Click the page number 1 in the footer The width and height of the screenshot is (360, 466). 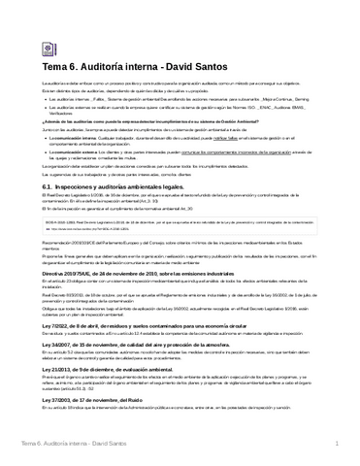(335, 445)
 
